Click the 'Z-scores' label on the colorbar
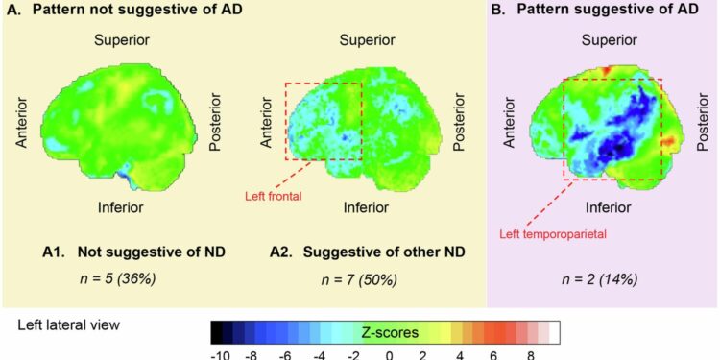coord(389,332)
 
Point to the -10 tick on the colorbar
coord(220,352)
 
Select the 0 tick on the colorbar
coord(390,352)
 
